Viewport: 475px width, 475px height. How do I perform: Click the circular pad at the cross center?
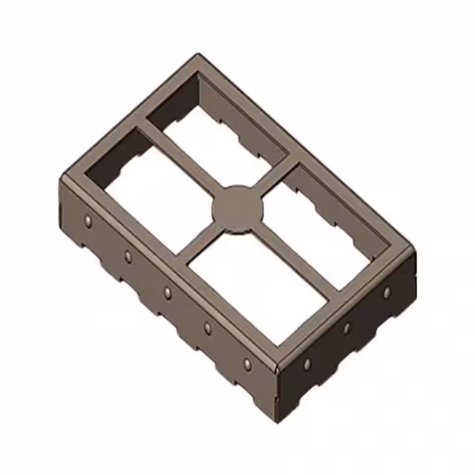pyautogui.click(x=237, y=209)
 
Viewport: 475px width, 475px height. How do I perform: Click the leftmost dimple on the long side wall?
pyautogui.click(x=88, y=220)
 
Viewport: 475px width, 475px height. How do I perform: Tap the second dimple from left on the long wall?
pyautogui.click(x=128, y=257)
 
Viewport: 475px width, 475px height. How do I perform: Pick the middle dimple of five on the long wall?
pyautogui.click(x=168, y=292)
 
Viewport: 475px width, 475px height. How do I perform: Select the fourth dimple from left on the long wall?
pyautogui.click(x=207, y=328)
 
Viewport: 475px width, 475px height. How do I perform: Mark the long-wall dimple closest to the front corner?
pyautogui.click(x=247, y=364)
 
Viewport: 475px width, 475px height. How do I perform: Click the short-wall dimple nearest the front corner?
pyautogui.click(x=307, y=364)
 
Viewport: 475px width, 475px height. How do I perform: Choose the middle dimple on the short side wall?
pyautogui.click(x=346, y=328)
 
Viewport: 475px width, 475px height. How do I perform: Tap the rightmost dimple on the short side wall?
pyautogui.click(x=386, y=292)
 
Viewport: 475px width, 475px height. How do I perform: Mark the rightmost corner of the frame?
pyautogui.click(x=413, y=248)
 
